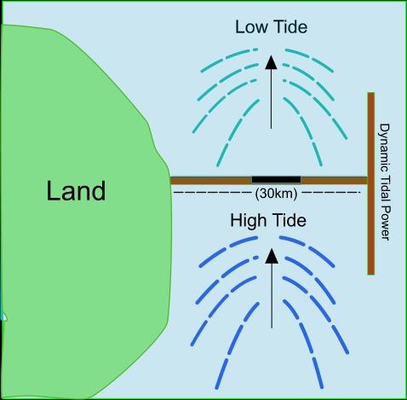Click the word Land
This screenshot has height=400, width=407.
click(x=76, y=191)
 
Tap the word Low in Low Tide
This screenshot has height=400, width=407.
click(x=251, y=27)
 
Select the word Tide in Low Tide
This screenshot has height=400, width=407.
click(x=291, y=27)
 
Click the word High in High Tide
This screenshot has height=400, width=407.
click(x=249, y=221)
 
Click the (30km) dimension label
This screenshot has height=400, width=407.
click(x=276, y=194)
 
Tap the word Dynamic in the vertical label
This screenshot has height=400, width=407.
click(x=385, y=148)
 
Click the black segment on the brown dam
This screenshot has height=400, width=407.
click(x=276, y=180)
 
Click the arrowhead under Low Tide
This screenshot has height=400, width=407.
click(x=271, y=62)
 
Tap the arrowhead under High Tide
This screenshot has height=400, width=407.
click(x=272, y=256)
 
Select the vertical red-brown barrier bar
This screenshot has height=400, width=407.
click(x=371, y=183)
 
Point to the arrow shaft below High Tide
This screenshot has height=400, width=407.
click(x=272, y=296)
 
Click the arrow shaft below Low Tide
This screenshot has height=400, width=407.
click(x=271, y=99)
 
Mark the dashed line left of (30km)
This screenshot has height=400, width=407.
click(x=213, y=193)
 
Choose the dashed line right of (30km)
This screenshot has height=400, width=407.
click(x=331, y=193)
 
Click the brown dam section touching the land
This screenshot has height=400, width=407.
click(x=211, y=181)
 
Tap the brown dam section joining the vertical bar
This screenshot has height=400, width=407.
click(x=335, y=180)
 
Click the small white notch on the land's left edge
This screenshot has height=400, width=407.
click(x=5, y=316)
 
